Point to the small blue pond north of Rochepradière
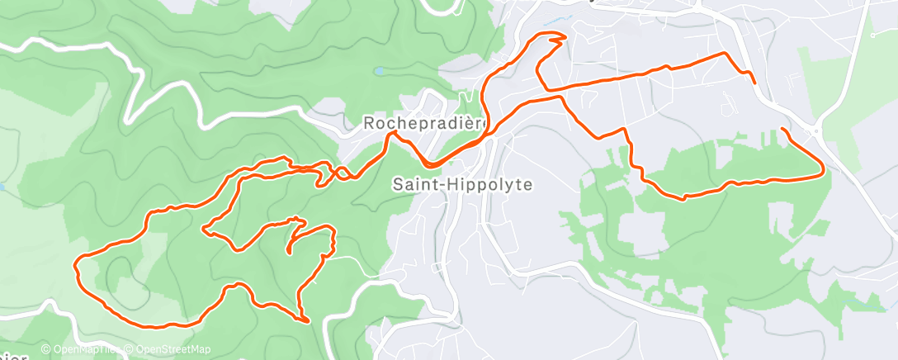click(x=379, y=72)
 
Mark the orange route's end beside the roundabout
click(x=782, y=130)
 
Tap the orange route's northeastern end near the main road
click(x=754, y=82)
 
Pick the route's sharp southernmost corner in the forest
click(x=307, y=320)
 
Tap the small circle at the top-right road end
click(x=873, y=36)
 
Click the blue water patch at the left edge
click(x=2, y=188)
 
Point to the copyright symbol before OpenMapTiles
click(x=45, y=349)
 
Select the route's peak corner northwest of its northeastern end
click(x=725, y=54)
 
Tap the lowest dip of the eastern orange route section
click(x=683, y=197)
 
